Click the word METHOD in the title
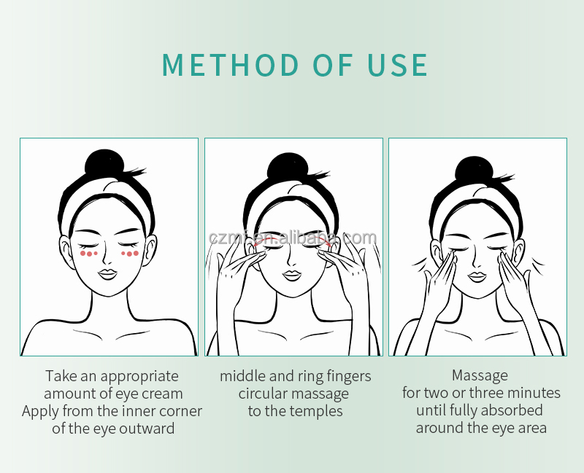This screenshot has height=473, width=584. (x=231, y=65)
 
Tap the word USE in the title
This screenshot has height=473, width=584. (x=397, y=65)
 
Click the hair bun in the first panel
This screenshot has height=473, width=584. (x=105, y=163)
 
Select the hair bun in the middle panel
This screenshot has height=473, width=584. (x=287, y=167)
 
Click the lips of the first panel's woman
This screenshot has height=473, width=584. (x=108, y=275)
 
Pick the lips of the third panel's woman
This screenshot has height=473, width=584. (x=477, y=277)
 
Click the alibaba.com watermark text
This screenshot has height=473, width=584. (x=293, y=238)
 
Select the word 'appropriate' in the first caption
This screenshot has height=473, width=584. (x=139, y=376)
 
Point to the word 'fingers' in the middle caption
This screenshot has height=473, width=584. (x=349, y=376)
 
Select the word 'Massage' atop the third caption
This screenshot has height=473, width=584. (x=480, y=375)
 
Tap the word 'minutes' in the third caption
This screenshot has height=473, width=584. (x=534, y=393)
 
